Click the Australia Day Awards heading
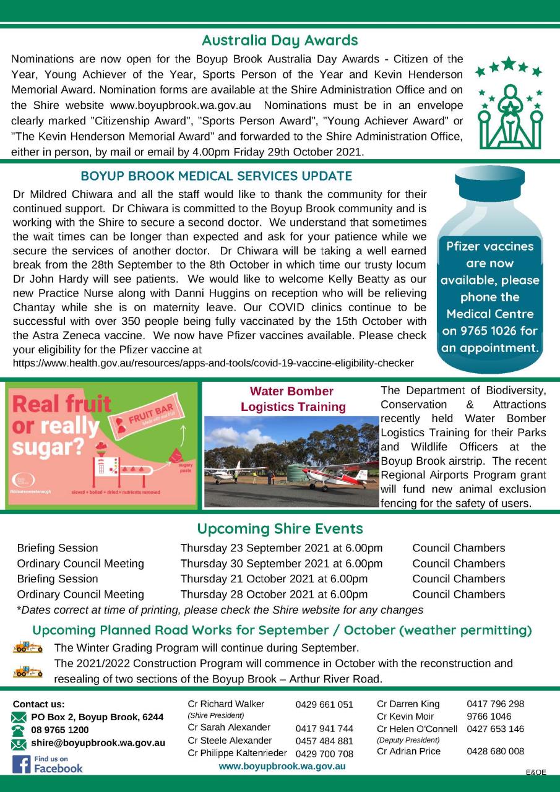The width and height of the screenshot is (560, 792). coord(280,41)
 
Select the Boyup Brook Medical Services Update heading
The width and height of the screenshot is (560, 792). coord(216,176)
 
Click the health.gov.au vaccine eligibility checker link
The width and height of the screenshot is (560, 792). coord(213,363)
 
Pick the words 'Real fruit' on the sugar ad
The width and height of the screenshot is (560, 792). coord(61,405)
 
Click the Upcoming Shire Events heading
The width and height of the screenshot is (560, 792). coord(280,529)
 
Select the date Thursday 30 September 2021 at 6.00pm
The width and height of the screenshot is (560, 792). coord(281,564)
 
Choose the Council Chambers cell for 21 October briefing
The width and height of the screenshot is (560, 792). coord(459,579)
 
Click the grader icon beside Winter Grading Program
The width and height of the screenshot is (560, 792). coord(28,648)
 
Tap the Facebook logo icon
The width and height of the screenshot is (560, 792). coord(20,764)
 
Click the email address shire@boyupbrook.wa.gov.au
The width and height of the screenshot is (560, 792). coord(98,742)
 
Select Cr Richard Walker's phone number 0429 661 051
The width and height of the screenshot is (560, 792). coord(324,705)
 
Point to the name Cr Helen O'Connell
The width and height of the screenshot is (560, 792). coord(417,729)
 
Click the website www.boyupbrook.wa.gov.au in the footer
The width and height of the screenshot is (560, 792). coord(282,767)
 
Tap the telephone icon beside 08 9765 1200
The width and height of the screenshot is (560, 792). coord(19,730)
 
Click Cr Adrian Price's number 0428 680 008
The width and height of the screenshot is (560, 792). coord(495,752)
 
